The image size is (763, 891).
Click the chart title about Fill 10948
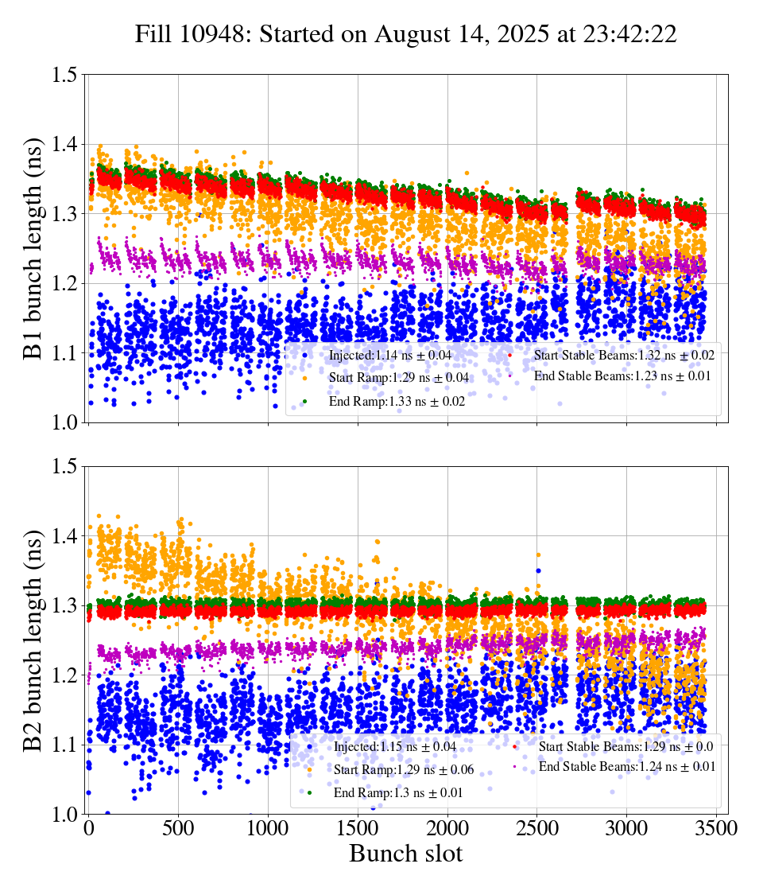coord(405,34)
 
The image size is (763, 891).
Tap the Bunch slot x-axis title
coord(405,854)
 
